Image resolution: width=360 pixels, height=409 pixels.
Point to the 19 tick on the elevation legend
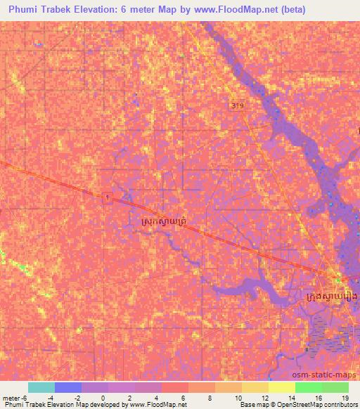[345, 398]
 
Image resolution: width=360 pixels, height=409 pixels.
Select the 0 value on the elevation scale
[103, 398]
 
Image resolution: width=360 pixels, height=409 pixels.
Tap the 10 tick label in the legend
[238, 398]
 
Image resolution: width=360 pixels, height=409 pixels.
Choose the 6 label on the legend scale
[184, 398]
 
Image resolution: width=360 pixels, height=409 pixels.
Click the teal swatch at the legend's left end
[41, 387]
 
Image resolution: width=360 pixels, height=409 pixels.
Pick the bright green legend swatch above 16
[309, 387]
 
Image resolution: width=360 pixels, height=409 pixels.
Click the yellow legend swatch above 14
[282, 387]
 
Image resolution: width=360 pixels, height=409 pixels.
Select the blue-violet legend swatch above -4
[67, 387]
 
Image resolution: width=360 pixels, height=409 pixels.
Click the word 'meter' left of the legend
[11, 398]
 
